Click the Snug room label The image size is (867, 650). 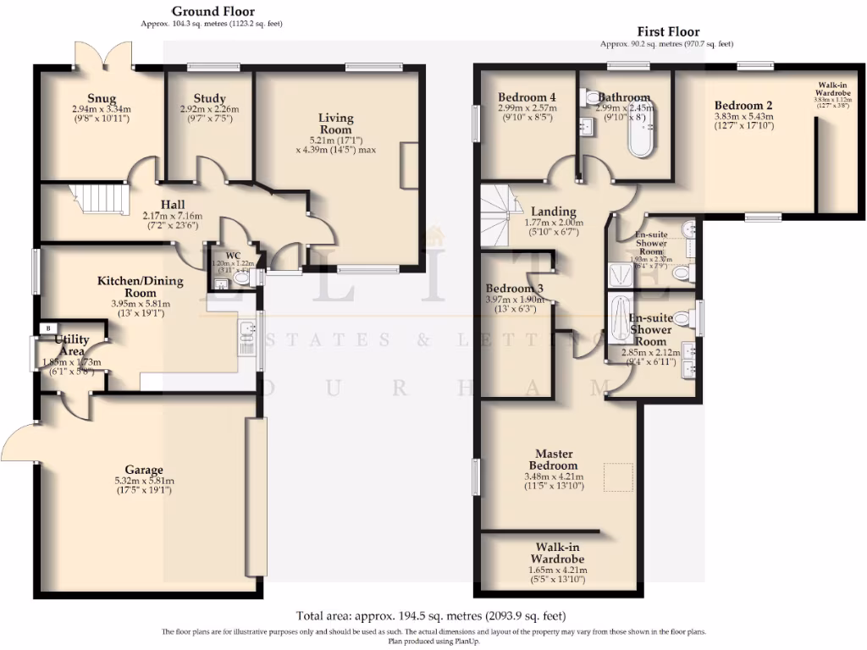[101, 98]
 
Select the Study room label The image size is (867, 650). [209, 98]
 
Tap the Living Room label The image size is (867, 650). [335, 124]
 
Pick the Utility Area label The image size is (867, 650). [72, 345]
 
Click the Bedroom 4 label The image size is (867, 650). [527, 96]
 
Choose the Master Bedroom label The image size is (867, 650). [554, 460]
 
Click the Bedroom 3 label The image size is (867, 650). [515, 288]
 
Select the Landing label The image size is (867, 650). [554, 212]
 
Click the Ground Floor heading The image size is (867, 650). [213, 11]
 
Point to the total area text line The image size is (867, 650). [431, 615]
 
